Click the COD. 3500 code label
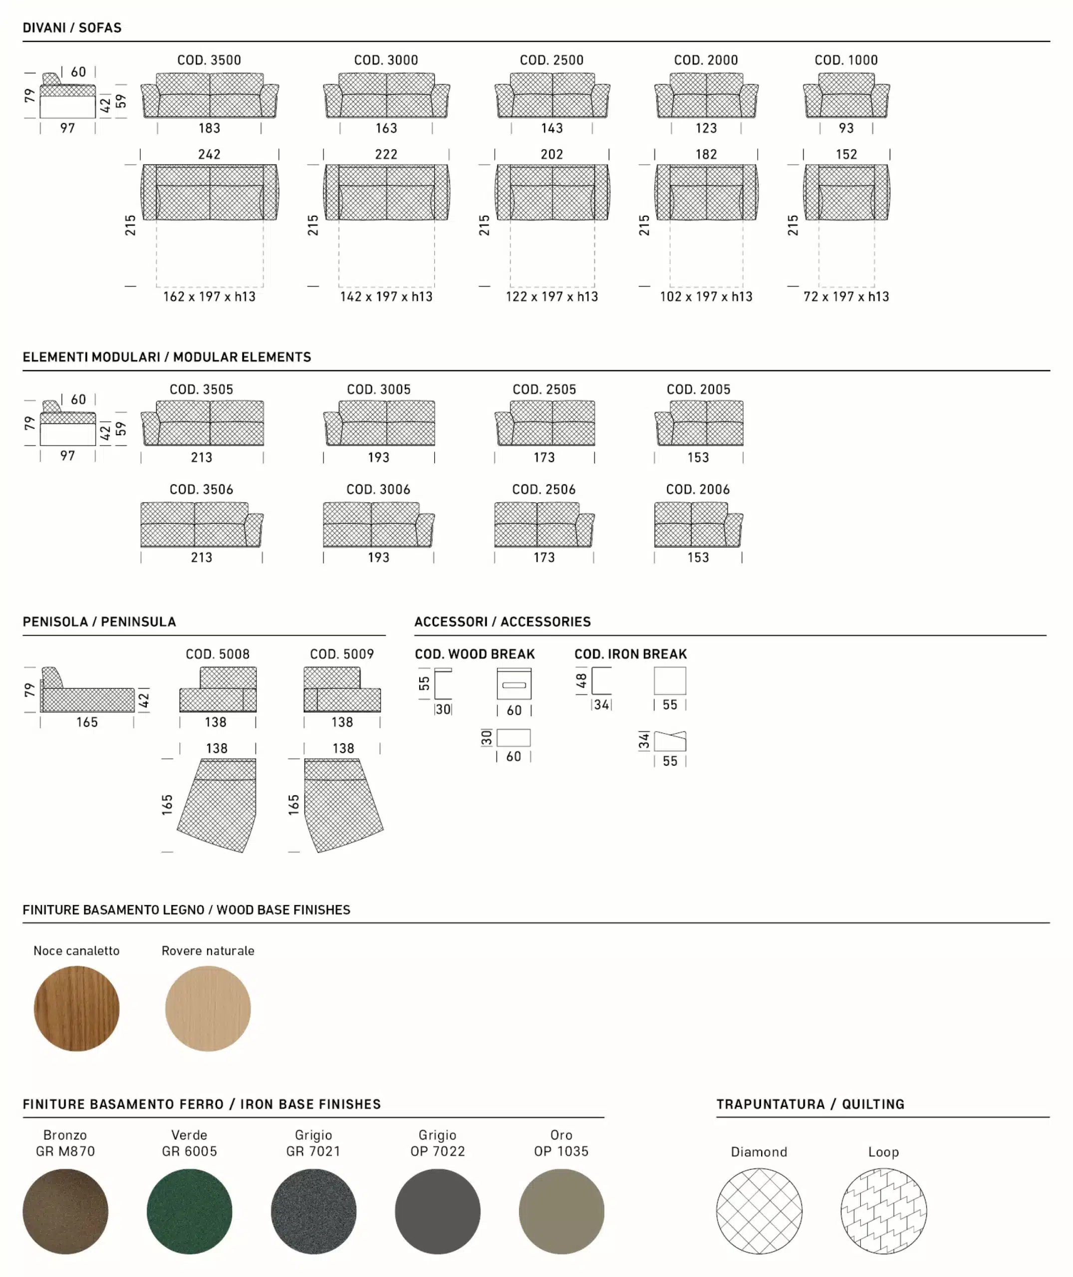(209, 60)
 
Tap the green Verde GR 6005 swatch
(189, 1211)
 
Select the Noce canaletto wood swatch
(77, 1008)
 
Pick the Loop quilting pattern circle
(883, 1211)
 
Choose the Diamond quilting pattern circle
(759, 1211)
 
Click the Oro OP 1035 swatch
(561, 1211)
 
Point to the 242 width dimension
(209, 155)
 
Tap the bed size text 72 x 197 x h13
(845, 297)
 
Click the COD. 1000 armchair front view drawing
(845, 96)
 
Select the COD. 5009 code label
(341, 654)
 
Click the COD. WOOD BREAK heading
(475, 654)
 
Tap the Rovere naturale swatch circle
(208, 1008)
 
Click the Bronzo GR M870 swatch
(65, 1211)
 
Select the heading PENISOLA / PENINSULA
(99, 622)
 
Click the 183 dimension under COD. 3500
(209, 128)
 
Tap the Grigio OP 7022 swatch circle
(437, 1211)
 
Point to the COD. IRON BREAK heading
(630, 654)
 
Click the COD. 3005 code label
(378, 389)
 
